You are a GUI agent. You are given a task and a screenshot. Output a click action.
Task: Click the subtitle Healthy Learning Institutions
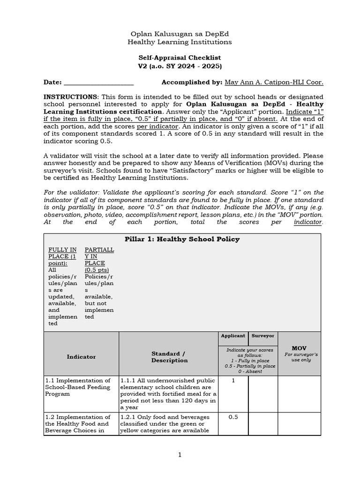click(180, 42)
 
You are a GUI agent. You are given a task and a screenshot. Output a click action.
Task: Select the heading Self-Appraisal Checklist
click(180, 58)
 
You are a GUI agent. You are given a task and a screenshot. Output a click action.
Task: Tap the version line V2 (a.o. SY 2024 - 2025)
click(180, 66)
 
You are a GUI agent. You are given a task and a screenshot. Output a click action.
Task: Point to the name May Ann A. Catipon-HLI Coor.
click(274, 82)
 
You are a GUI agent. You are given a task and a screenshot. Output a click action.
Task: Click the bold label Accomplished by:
click(191, 82)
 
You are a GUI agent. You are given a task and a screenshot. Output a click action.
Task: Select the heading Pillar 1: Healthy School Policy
click(182, 240)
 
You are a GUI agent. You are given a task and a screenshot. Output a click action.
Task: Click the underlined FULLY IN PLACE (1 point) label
click(62, 256)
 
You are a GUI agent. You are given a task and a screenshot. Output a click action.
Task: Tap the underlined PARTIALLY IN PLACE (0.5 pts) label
click(99, 260)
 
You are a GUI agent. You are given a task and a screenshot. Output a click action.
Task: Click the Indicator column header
click(81, 357)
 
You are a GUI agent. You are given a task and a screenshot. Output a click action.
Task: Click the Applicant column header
click(233, 336)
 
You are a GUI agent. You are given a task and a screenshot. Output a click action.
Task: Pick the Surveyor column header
click(263, 336)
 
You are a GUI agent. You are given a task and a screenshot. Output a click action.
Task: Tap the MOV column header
click(299, 349)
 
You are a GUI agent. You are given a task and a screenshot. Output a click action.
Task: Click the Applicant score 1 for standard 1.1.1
click(233, 381)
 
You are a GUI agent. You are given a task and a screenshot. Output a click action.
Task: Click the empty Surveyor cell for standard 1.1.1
click(263, 394)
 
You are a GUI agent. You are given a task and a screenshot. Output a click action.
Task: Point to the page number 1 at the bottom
click(180, 455)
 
